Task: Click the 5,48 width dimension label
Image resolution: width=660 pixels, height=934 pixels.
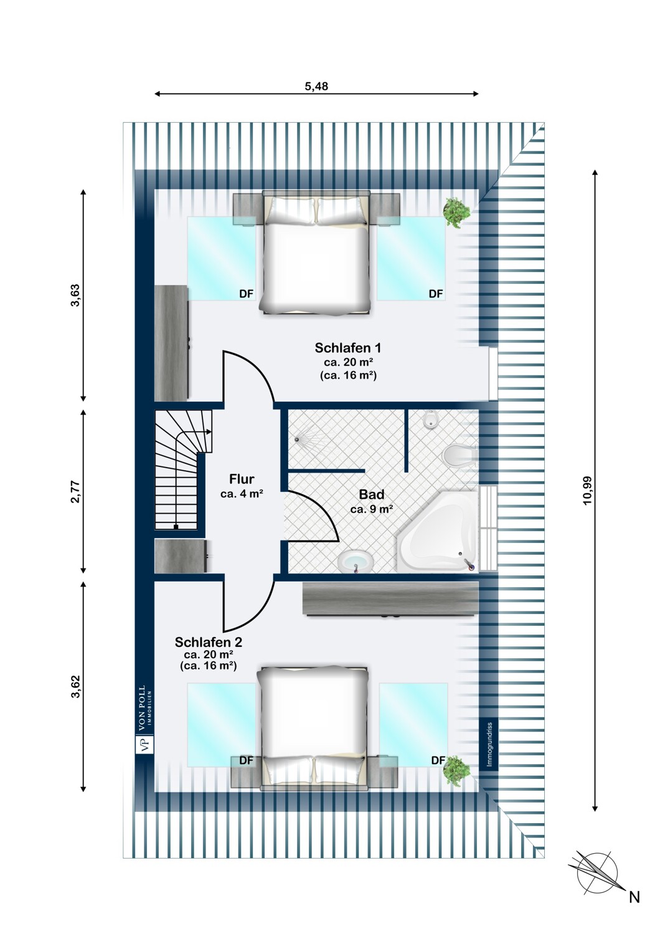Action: (x=316, y=87)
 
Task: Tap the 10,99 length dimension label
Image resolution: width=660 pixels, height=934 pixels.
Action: (x=587, y=491)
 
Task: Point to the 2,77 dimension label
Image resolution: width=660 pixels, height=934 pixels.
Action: (x=75, y=492)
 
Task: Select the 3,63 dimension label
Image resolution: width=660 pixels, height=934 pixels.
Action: (x=75, y=295)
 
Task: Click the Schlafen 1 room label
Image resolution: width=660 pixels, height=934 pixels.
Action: (x=348, y=347)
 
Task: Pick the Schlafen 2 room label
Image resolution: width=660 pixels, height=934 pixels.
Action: (x=209, y=642)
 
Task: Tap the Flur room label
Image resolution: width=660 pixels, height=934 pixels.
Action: (x=242, y=479)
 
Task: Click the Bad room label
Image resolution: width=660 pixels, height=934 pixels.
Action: (x=372, y=494)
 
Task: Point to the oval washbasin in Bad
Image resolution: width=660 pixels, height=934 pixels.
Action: (x=355, y=562)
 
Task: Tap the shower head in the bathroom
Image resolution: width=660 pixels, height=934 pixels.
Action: (x=297, y=439)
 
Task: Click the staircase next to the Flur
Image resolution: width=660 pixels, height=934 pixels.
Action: (x=182, y=469)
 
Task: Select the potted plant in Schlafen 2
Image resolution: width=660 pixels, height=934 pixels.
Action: (x=457, y=771)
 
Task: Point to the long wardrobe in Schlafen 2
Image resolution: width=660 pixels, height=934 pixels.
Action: (x=390, y=599)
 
